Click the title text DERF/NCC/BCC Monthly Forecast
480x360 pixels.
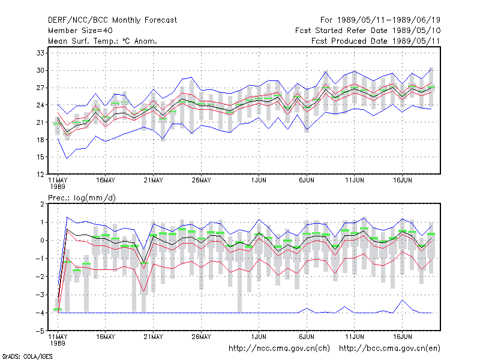click(x=112, y=20)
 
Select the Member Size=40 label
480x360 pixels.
click(x=80, y=31)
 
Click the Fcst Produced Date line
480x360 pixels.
click(x=376, y=41)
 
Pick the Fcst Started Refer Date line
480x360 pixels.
click(x=368, y=31)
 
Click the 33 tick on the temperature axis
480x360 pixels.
click(x=40, y=53)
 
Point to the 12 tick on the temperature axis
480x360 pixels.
click(x=40, y=175)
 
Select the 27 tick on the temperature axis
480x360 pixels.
click(x=40, y=88)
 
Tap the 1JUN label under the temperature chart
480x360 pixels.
click(x=259, y=181)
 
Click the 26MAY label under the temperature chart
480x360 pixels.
click(x=201, y=181)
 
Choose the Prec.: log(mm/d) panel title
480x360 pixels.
click(x=82, y=198)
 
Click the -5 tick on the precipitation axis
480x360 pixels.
click(x=40, y=331)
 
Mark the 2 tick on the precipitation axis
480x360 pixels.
click(x=42, y=204)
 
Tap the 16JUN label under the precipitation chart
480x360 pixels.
click(x=402, y=337)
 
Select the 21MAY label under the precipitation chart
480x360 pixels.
click(x=153, y=337)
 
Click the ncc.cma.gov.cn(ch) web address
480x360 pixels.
click(x=279, y=349)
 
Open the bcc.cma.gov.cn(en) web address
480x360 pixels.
click(x=389, y=349)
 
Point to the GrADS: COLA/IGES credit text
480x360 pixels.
click(x=27, y=356)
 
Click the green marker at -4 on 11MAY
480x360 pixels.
click(x=58, y=310)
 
